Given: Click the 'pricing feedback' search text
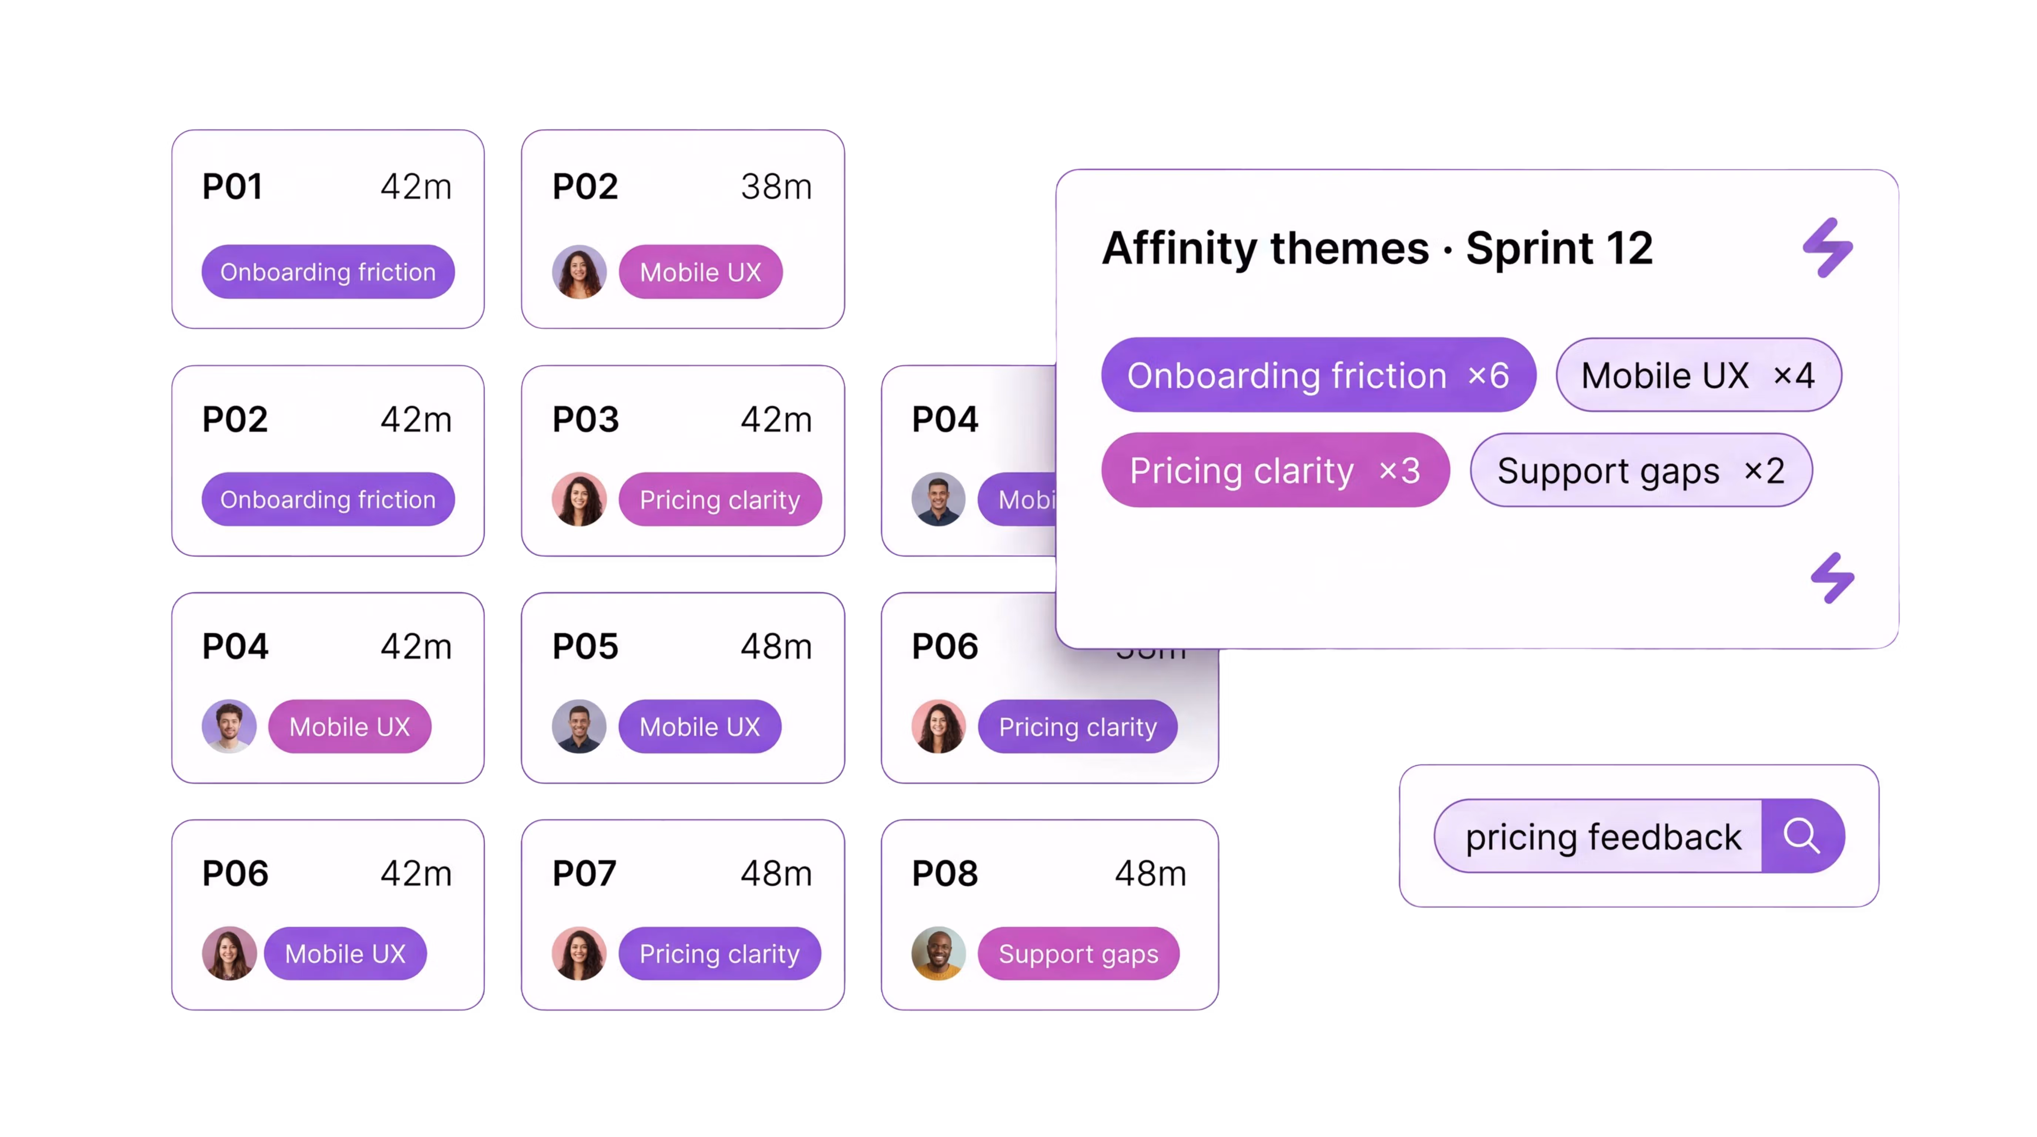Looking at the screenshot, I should coord(1603,836).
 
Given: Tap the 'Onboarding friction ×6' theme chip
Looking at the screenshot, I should coord(1318,375).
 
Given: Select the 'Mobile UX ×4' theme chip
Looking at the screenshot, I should coord(1698,375).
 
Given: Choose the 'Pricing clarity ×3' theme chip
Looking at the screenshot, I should coord(1275,470).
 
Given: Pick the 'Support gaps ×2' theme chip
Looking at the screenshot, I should coord(1640,470).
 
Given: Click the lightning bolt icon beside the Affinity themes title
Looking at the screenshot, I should coord(1828,248).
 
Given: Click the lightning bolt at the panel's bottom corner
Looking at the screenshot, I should coord(1832,578).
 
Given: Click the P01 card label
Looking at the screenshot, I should coord(232,187).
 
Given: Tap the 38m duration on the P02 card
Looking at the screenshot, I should coord(776,187).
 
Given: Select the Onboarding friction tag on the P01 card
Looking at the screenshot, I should coord(328,272).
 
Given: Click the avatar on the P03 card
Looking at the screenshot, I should coord(579,500).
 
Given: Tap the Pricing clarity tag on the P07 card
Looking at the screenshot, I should coord(719,953).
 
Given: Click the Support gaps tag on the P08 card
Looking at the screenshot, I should coord(1078,953).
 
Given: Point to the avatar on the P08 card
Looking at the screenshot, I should coord(939,953).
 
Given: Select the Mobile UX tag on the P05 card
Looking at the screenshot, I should coord(699,727).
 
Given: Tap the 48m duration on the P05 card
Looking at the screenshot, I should coord(776,647).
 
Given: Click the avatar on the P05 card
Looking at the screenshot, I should coord(579,727).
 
